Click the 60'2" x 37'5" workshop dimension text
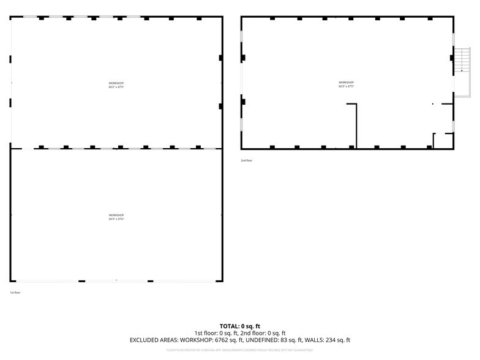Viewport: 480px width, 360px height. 116,87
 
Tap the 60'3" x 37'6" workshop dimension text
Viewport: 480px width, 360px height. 116,219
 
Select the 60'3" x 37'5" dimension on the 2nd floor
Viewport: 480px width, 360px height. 347,86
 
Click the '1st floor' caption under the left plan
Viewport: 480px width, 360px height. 15,293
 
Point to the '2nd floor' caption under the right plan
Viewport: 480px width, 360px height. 246,160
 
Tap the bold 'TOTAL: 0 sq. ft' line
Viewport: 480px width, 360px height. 240,326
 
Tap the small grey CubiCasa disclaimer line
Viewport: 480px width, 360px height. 240,350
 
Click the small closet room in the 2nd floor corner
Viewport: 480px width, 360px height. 443,141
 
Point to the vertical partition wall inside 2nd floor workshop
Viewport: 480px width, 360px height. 356,126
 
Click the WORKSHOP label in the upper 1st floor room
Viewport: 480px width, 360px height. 116,83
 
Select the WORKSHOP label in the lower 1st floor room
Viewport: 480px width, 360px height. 116,215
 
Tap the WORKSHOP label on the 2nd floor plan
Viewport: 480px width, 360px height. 347,82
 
